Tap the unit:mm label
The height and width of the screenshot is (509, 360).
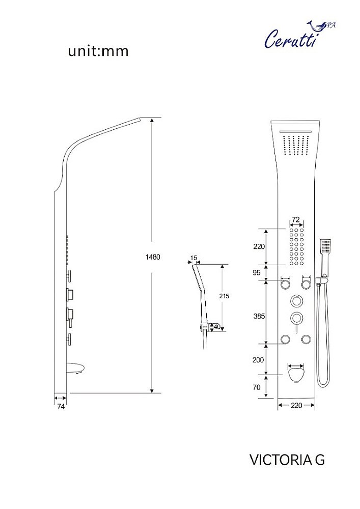coord(98,51)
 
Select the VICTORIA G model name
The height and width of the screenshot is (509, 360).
coord(287,460)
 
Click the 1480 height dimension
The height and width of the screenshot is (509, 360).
coord(153,257)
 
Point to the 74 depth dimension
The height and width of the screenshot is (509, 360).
coord(61,406)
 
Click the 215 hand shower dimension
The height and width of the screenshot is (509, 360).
coord(224,296)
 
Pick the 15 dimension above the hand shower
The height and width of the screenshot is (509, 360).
coord(193,258)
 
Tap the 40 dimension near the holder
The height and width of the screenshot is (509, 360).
coord(216,327)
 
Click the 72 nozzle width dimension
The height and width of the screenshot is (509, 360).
coord(296,220)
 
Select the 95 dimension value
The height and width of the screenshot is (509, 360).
coord(257,273)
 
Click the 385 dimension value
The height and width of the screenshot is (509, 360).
coord(259,316)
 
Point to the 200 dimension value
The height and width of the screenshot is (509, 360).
coord(258,360)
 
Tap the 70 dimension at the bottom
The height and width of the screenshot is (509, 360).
coord(257,387)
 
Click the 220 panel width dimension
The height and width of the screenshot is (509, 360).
coord(296,405)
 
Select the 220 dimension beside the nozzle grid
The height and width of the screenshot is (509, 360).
coord(259,246)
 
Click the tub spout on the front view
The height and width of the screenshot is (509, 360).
coord(296,373)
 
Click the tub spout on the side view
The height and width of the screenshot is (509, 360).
coord(76,369)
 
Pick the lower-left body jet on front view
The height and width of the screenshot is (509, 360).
coord(285,340)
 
